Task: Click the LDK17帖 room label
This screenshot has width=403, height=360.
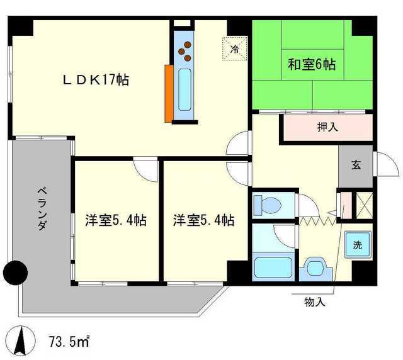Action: (x=95, y=81)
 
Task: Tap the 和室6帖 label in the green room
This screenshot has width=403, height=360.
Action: (x=312, y=64)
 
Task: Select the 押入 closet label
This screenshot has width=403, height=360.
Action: (x=327, y=127)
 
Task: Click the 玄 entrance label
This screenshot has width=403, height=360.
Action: (x=356, y=166)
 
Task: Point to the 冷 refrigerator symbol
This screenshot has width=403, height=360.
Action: (x=234, y=48)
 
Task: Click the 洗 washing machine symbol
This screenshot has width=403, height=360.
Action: (x=357, y=244)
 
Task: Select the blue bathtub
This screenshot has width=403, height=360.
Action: (x=272, y=267)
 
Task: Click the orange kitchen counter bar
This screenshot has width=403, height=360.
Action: (x=169, y=93)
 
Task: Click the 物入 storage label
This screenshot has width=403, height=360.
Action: (x=314, y=302)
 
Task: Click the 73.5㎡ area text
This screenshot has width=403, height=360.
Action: (x=69, y=342)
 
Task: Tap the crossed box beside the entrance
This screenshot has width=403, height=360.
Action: (x=363, y=205)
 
